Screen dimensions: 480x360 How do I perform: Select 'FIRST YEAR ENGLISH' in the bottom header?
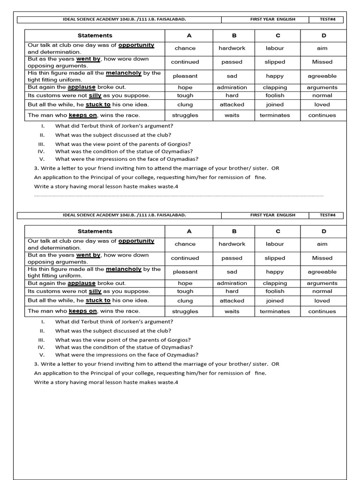coord(273,215)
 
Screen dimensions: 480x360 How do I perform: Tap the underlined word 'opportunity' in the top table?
coord(136,45)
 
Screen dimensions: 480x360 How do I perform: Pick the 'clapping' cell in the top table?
coord(275,87)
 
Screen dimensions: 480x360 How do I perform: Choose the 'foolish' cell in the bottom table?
coord(275,291)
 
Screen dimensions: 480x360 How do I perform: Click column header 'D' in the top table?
coord(323,36)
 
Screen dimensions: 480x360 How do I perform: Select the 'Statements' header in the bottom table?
coord(95,231)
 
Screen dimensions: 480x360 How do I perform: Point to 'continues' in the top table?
coord(322,115)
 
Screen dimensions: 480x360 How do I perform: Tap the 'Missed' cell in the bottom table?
coord(322,258)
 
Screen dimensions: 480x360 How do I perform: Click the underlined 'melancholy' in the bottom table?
coord(124,269)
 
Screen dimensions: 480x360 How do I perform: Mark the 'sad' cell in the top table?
coord(232,76)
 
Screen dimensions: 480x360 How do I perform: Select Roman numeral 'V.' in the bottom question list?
coord(42,355)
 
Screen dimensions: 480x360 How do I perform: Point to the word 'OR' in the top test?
coord(275,168)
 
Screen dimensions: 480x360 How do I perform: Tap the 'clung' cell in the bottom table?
coord(185,301)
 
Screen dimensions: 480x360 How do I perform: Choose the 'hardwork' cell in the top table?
coord(232,48)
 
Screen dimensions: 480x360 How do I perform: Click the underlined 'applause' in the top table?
coord(82,87)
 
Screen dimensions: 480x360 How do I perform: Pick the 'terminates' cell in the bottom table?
coord(275,311)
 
